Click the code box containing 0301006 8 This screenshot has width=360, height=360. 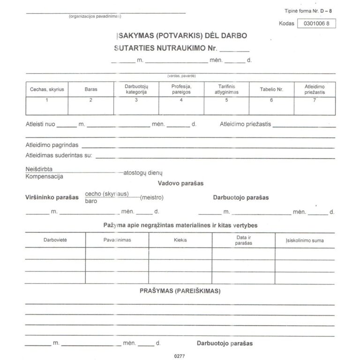[316, 23]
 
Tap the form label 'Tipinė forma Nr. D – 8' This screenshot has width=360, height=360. [311, 10]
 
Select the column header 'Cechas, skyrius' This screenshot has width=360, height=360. [47, 89]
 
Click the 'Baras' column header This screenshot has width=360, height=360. [91, 89]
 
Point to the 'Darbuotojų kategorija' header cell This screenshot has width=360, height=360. [136, 89]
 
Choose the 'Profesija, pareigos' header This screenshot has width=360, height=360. [181, 89]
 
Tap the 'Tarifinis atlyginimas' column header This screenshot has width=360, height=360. [226, 89]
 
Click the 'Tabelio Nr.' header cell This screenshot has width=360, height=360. [271, 89]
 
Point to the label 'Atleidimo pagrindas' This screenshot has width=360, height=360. [52, 145]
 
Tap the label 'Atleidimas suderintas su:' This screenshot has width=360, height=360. [59, 155]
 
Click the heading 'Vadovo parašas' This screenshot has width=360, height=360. [181, 183]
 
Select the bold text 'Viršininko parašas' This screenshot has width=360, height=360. [52, 198]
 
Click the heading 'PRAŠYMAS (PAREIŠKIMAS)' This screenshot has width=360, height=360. [180, 291]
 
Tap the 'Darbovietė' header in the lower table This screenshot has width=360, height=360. [55, 240]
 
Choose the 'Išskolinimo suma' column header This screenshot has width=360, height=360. [304, 240]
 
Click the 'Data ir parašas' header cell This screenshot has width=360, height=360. [244, 240]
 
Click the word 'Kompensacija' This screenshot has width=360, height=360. [45, 177]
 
